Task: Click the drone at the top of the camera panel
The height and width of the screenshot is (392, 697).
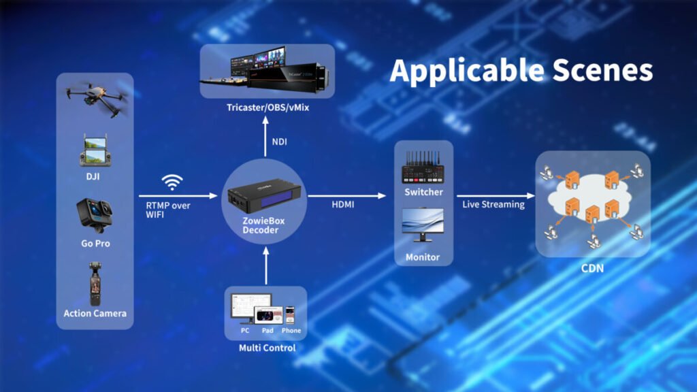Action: click(x=96, y=98)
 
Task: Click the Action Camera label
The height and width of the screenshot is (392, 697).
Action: click(x=95, y=313)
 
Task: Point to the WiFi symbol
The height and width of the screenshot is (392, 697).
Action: click(x=172, y=182)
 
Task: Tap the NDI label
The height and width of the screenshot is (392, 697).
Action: click(x=280, y=142)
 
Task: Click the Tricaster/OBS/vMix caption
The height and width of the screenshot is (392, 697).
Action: click(x=267, y=108)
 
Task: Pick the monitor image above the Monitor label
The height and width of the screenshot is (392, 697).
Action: click(x=423, y=225)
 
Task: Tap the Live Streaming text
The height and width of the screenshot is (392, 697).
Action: click(x=493, y=204)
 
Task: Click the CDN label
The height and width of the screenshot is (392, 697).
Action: click(x=592, y=268)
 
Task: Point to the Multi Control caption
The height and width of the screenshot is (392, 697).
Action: click(x=267, y=348)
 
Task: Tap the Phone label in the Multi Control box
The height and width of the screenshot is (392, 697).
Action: click(x=291, y=331)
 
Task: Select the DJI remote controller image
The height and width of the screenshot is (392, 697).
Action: click(x=95, y=151)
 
